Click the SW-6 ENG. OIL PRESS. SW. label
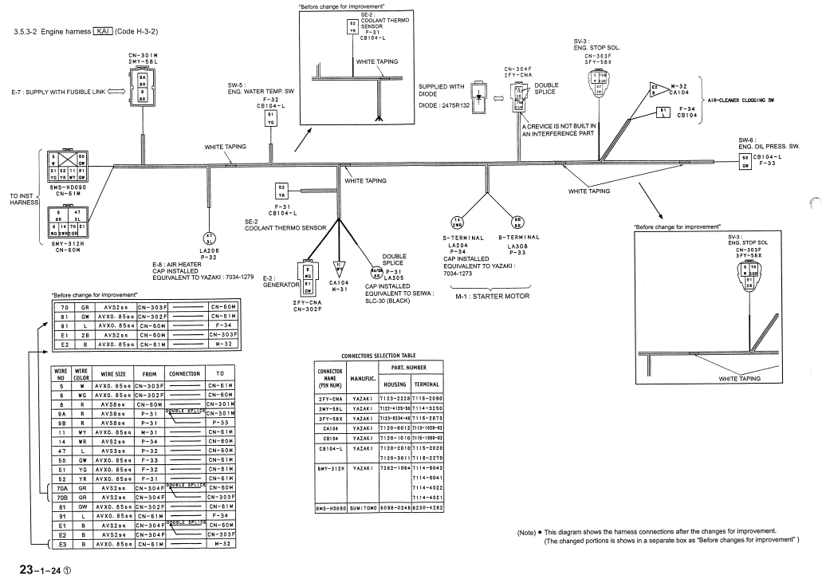click(769, 143)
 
